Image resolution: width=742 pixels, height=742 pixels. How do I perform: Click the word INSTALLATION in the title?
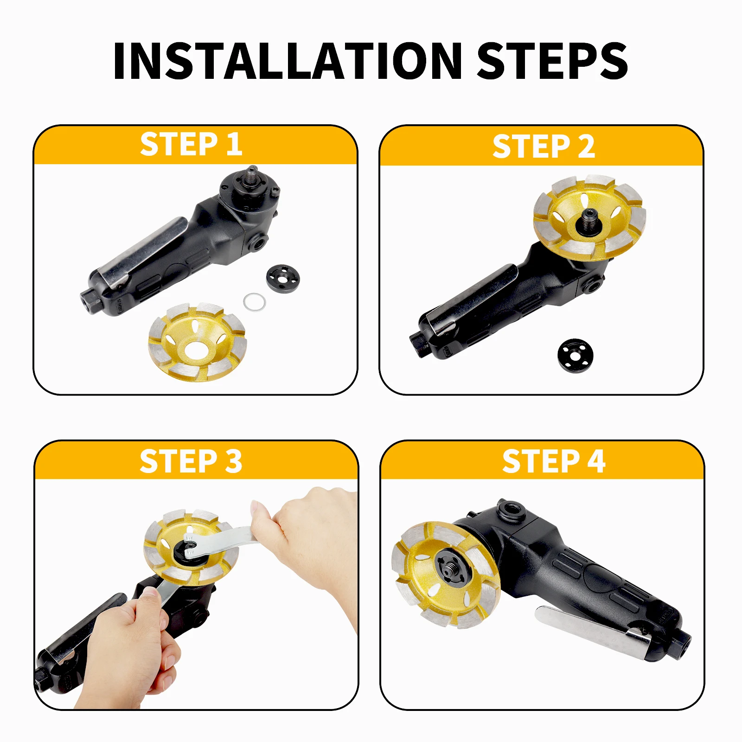coord(288,61)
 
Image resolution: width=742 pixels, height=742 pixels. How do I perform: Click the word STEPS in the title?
coord(552,61)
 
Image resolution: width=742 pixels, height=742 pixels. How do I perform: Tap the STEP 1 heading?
coord(191,144)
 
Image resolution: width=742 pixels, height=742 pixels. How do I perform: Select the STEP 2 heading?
coord(544,147)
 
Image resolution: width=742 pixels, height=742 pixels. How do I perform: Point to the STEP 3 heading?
coord(191,461)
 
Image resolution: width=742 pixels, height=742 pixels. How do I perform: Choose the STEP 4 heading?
coord(554,461)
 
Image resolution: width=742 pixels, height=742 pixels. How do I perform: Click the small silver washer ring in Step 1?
coord(255,302)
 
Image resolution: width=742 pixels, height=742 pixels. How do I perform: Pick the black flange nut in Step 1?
coord(283,279)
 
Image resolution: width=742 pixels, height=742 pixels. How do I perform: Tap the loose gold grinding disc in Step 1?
coord(198,342)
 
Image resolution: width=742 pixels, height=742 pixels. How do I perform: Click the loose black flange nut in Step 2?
coord(576,355)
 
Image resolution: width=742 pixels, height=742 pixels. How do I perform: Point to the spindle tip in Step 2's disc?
coord(589,216)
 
